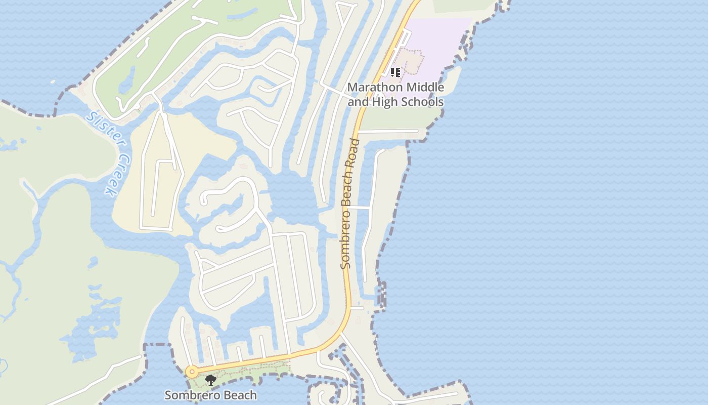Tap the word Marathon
pyautogui.click(x=372, y=88)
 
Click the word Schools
pyautogui.click(x=422, y=102)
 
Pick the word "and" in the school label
pyautogui.click(x=359, y=102)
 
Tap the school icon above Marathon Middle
pyautogui.click(x=395, y=72)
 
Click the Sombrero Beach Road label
pyautogui.click(x=349, y=202)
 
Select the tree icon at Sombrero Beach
pyautogui.click(x=211, y=380)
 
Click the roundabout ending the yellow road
pyautogui.click(x=192, y=372)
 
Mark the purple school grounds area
pyautogui.click(x=440, y=46)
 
